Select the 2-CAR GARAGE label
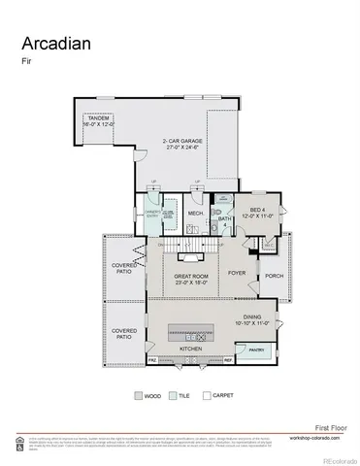point(182,144)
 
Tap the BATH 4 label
point(224,221)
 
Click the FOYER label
point(237,273)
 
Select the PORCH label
point(274,274)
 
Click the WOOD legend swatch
point(137,396)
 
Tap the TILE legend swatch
point(173,396)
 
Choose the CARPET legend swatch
point(207,396)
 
